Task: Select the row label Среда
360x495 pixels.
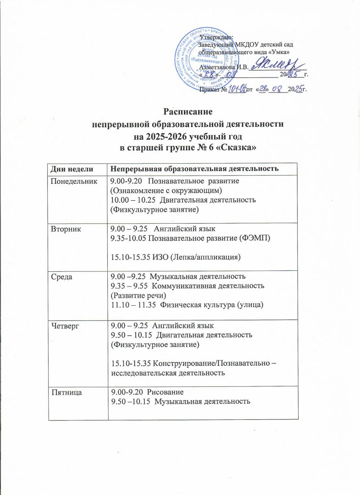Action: [x=64, y=276]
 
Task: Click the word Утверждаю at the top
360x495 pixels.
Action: [x=217, y=36]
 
